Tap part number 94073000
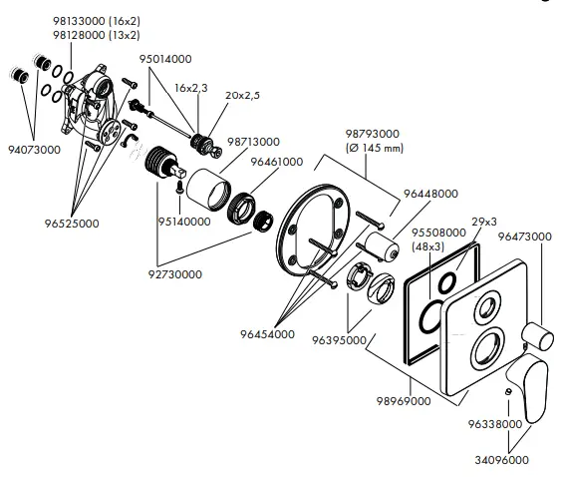33,150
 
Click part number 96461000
276,161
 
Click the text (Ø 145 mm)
374,149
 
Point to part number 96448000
430,194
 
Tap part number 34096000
501,462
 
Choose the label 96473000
525,237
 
